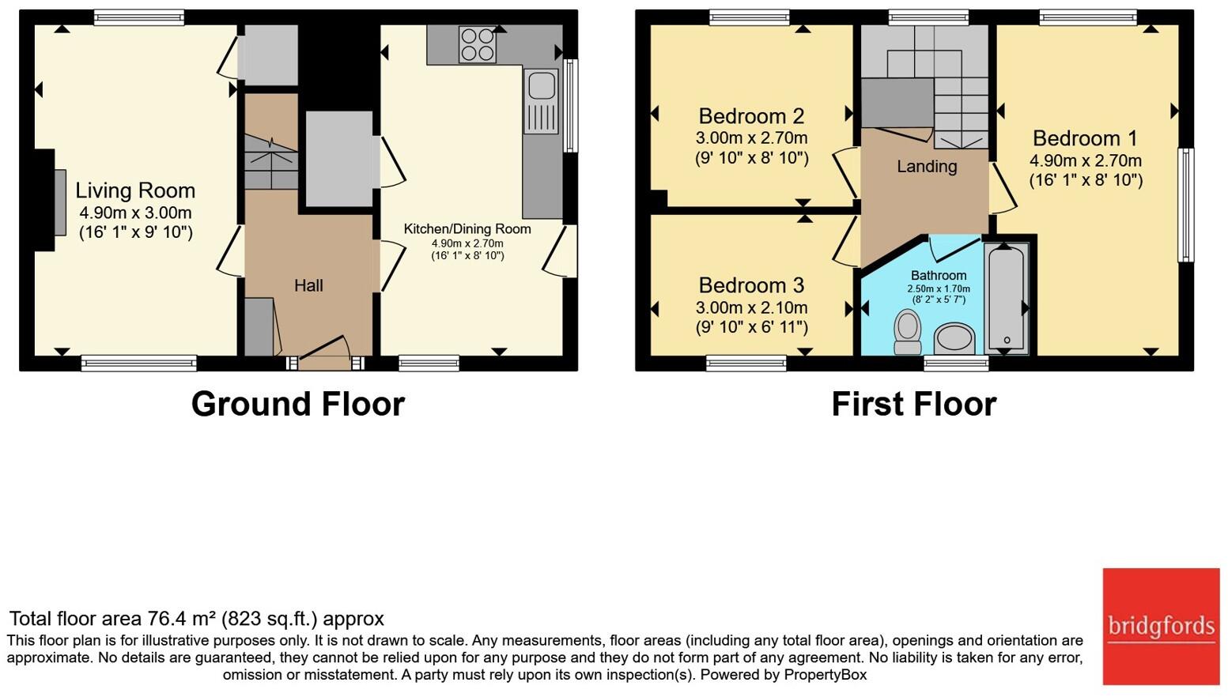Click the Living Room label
click(x=135, y=190)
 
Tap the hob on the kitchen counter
click(x=478, y=44)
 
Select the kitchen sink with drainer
click(x=541, y=101)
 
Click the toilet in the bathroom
click(x=907, y=332)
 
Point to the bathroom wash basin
click(x=954, y=339)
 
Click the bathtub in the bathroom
click(x=1006, y=298)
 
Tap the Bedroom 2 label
click(x=751, y=116)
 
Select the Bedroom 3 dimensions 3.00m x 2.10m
click(x=751, y=307)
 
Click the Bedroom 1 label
click(x=1085, y=138)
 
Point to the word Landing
click(x=927, y=167)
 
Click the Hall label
click(x=308, y=285)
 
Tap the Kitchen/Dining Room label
click(x=467, y=229)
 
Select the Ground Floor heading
click(x=297, y=404)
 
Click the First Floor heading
click(x=914, y=404)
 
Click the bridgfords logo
click(x=1161, y=627)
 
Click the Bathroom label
click(x=939, y=276)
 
